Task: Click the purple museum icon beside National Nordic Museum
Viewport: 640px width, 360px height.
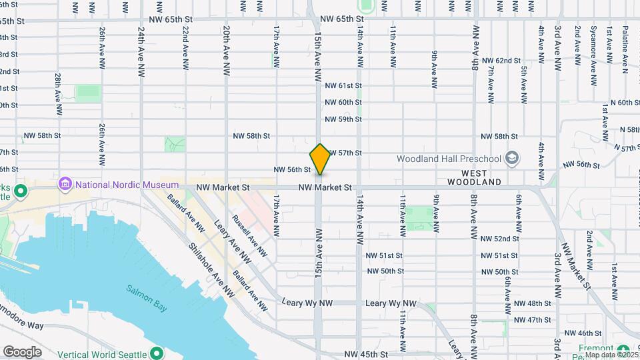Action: (x=65, y=183)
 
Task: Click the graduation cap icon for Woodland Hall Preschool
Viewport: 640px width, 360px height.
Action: (x=512, y=158)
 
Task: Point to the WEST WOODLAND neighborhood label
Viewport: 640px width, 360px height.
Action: (x=474, y=177)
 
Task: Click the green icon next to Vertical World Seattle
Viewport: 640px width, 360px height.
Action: (x=157, y=353)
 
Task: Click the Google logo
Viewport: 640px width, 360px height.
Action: (x=22, y=352)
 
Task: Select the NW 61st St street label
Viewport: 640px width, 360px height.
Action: (x=343, y=85)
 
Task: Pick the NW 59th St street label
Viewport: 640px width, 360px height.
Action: (x=343, y=119)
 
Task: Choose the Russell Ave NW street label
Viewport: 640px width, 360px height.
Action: (x=249, y=235)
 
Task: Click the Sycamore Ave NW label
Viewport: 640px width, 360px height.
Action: (x=593, y=56)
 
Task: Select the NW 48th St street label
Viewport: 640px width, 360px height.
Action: (x=533, y=303)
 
